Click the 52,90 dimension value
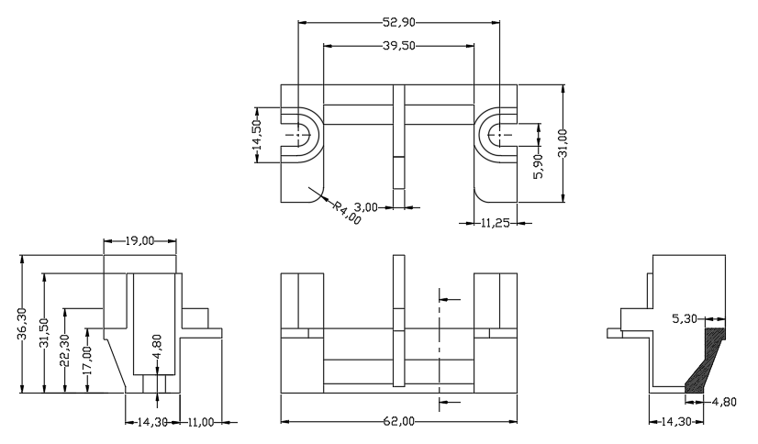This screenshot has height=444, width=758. click(x=399, y=22)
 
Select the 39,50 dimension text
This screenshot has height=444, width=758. click(x=399, y=46)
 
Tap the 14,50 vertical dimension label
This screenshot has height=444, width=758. click(x=257, y=135)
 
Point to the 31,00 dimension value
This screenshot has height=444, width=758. click(x=563, y=143)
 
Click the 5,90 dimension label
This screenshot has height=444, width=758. click(x=539, y=166)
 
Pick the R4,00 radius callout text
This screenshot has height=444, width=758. click(x=347, y=213)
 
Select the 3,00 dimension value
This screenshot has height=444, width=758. click(x=366, y=207)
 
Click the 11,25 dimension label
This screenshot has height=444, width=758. click(x=495, y=223)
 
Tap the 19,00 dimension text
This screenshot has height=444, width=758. click(x=139, y=240)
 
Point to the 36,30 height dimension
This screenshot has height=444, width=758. click(x=23, y=324)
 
